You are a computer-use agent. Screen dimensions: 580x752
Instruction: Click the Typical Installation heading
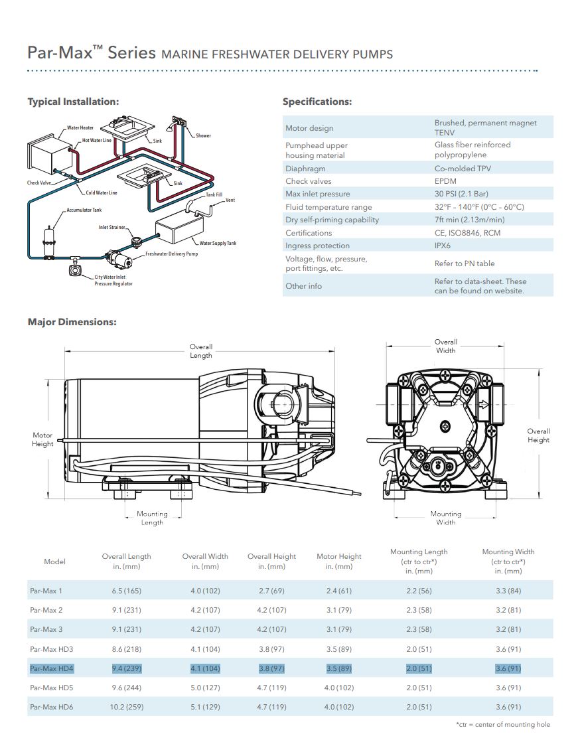(74, 102)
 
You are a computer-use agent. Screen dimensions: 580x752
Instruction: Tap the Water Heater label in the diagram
(80, 128)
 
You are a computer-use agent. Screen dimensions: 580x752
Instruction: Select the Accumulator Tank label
(84, 210)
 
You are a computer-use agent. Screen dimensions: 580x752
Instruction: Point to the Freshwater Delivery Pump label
(172, 254)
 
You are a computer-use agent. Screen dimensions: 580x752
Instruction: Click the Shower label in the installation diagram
(203, 135)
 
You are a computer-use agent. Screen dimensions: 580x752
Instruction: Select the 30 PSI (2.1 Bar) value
(462, 194)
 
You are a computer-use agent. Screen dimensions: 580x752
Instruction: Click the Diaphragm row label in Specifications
(305, 169)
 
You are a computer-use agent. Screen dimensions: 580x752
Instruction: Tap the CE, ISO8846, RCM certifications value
(467, 233)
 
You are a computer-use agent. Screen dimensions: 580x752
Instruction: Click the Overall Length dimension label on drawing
(201, 351)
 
